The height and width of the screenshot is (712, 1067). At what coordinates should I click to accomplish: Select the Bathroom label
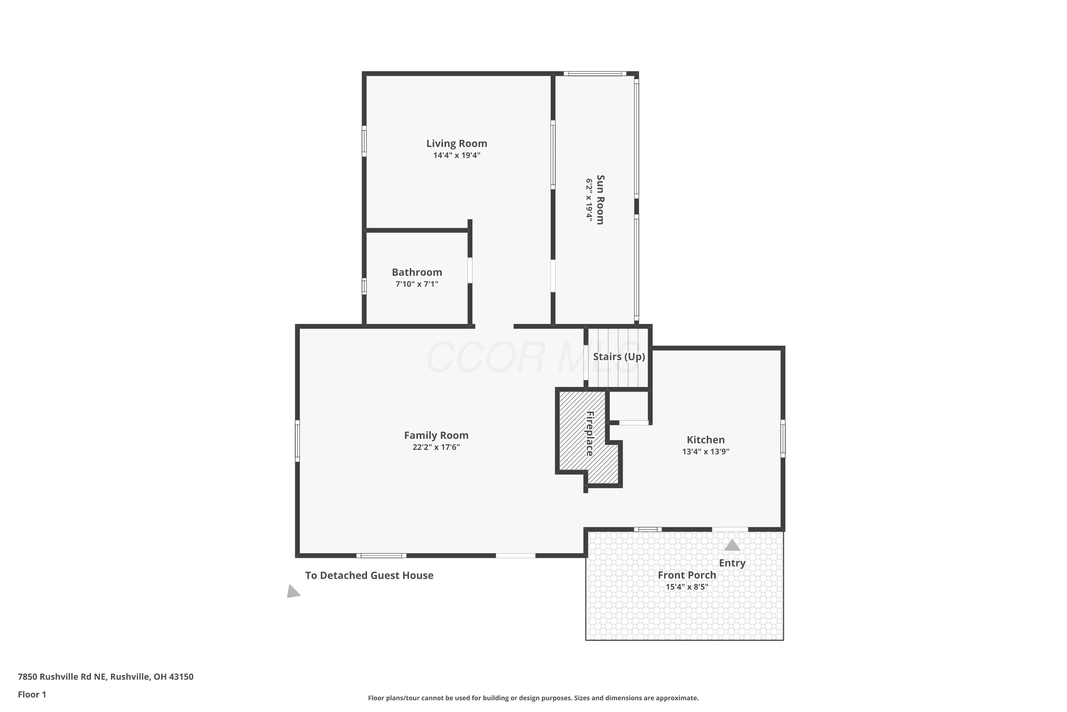pyautogui.click(x=417, y=272)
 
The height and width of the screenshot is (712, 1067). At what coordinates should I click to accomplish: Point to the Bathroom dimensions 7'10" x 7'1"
pyautogui.click(x=417, y=284)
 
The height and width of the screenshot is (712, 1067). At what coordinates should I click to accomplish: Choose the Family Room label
pyautogui.click(x=436, y=435)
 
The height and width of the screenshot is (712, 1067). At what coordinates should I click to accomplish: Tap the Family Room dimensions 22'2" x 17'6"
pyautogui.click(x=436, y=447)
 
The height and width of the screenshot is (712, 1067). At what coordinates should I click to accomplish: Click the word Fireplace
pyautogui.click(x=590, y=434)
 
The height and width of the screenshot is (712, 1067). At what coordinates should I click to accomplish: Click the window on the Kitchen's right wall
pyautogui.click(x=783, y=439)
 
